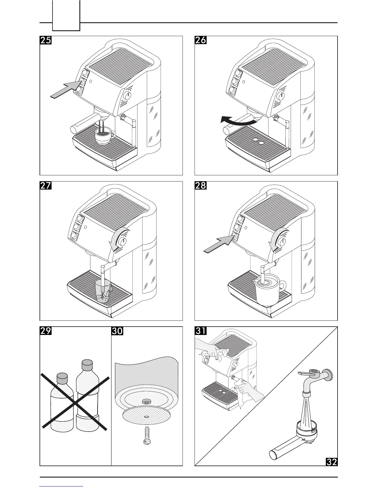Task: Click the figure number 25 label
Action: (x=46, y=40)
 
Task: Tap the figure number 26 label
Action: (x=200, y=40)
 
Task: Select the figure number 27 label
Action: (x=46, y=186)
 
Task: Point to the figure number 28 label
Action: (x=200, y=186)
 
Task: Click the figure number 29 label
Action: (x=46, y=331)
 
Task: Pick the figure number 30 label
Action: (x=117, y=331)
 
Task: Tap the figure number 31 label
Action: (x=200, y=331)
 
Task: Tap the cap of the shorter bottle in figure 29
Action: (x=62, y=377)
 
